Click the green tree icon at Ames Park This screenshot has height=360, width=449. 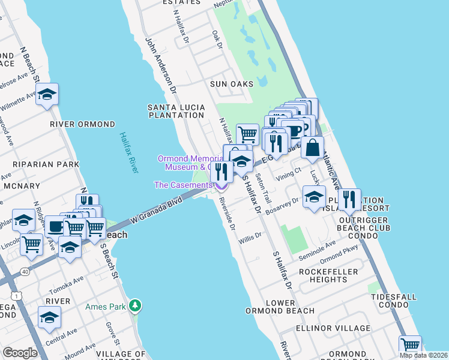tap(136, 306)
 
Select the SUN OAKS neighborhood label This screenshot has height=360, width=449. tap(232, 84)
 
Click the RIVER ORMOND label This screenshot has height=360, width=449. tap(82, 124)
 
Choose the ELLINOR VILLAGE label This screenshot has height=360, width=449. tap(333, 328)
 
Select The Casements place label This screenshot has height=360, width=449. tap(182, 185)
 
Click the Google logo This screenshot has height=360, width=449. tap(20, 353)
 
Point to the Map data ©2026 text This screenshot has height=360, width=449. tap(423, 355)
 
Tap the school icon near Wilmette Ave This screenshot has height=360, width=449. tap(47, 95)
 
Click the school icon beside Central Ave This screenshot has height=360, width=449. tap(49, 317)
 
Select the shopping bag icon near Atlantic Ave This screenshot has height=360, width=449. tap(313, 147)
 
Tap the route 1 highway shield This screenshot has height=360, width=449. tap(13, 295)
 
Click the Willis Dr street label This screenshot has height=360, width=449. tap(250, 238)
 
